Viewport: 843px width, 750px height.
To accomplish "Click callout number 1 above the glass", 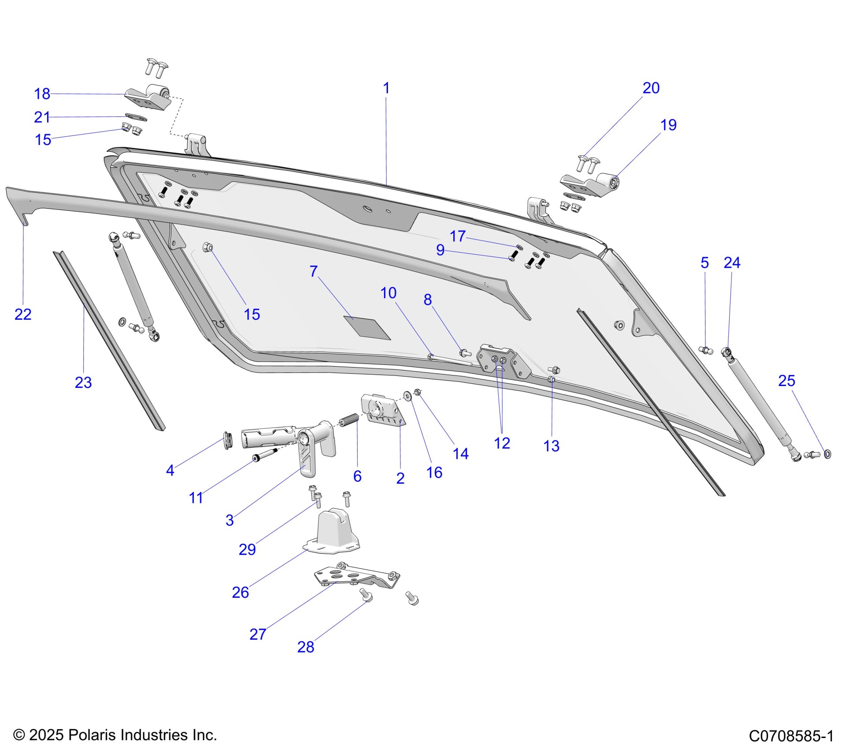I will (x=386, y=88).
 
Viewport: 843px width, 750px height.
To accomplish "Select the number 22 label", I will (x=23, y=315).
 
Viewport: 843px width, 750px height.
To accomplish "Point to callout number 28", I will (x=306, y=647).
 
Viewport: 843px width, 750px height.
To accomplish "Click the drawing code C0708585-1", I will (x=791, y=736).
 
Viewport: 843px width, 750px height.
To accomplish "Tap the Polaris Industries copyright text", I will (x=115, y=735).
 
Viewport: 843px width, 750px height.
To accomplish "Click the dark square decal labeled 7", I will (x=367, y=328).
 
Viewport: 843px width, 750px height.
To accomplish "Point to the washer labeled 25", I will (x=828, y=454).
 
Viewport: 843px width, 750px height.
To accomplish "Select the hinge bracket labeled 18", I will (x=150, y=97).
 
